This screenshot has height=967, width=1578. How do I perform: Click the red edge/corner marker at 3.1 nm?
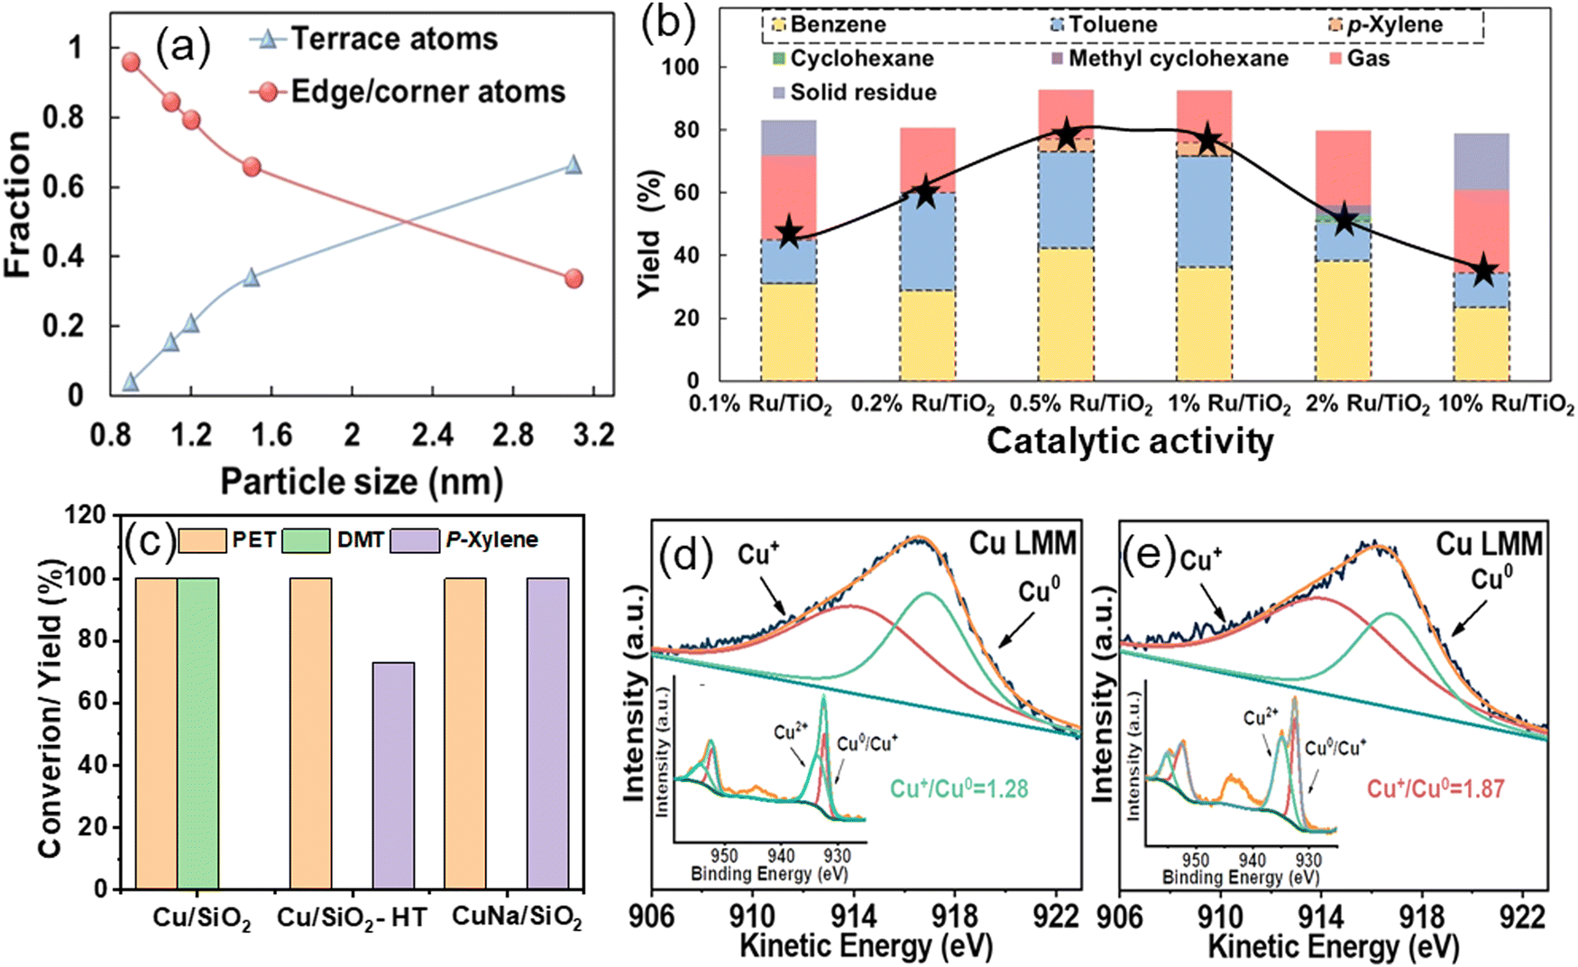click(573, 279)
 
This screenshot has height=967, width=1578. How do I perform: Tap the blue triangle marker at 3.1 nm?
click(573, 165)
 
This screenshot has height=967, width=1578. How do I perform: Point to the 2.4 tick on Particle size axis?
click(432, 436)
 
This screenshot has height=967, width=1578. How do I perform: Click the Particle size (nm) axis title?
click(362, 482)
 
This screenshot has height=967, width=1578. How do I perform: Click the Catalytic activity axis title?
click(1130, 441)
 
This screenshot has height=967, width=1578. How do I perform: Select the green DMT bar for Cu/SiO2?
click(197, 732)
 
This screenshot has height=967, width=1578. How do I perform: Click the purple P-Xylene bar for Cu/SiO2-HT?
click(393, 776)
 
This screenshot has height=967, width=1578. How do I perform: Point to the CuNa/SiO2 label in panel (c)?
click(517, 917)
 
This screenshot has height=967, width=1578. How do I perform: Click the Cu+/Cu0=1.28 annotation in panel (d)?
click(959, 788)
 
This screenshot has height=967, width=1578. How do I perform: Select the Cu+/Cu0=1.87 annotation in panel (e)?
click(1436, 788)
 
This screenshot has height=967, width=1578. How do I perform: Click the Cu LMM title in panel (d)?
click(1023, 543)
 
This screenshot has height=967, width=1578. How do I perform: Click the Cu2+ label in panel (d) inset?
click(791, 732)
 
